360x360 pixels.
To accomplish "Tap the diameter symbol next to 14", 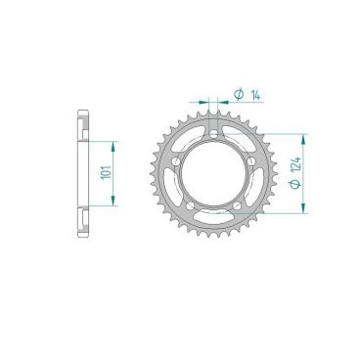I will click(x=239, y=95).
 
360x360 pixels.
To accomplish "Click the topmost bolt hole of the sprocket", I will click(x=213, y=130).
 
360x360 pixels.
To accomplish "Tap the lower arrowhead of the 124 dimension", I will click(x=305, y=207).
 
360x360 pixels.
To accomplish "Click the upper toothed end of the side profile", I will click(x=82, y=121).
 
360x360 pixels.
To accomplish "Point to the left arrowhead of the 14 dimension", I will click(x=204, y=100).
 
